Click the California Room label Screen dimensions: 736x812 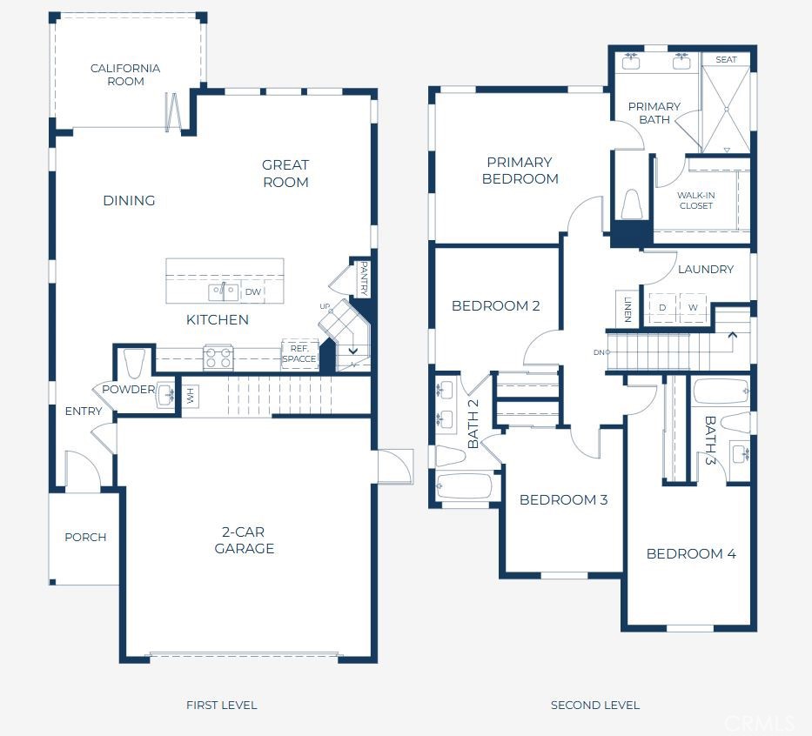coord(125,75)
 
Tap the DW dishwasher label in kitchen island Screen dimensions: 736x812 coord(253,292)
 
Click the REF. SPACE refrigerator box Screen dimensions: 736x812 coord(299,353)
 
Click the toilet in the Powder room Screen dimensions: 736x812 coord(134,361)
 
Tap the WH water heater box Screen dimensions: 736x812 coord(191,397)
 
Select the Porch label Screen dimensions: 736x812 coord(85,537)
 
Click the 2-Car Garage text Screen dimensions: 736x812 coord(244,540)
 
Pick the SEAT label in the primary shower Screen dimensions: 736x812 coord(726,60)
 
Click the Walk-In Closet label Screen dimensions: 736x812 coord(695,200)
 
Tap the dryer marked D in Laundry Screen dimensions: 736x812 coord(662,308)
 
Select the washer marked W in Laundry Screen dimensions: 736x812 coord(693,308)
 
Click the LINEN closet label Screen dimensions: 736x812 coord(627,309)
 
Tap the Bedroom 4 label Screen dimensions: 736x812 coord(691,553)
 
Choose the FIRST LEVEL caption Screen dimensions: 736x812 coord(222,705)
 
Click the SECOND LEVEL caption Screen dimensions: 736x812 coord(595,705)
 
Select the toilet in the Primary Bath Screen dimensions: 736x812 coord(631,206)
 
